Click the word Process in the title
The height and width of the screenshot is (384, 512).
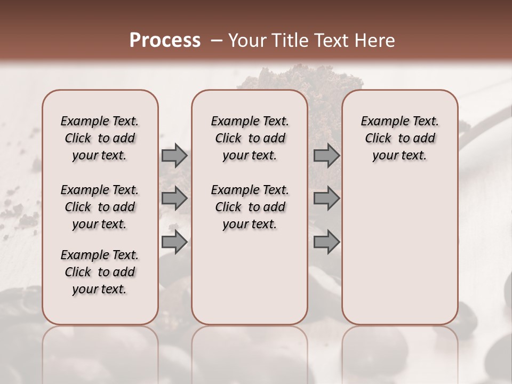pyautogui.click(x=165, y=41)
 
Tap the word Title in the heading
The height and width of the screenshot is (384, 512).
pyautogui.click(x=289, y=41)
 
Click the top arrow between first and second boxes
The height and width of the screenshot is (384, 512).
pyautogui.click(x=174, y=155)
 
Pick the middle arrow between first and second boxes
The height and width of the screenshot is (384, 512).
pyautogui.click(x=174, y=198)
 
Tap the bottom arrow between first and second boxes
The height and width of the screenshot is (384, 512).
pyautogui.click(x=174, y=242)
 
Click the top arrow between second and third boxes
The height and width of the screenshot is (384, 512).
pyautogui.click(x=326, y=155)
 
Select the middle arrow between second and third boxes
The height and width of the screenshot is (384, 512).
pyautogui.click(x=326, y=198)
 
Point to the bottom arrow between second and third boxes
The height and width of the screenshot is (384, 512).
pyautogui.click(x=326, y=242)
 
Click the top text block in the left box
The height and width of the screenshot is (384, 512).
pyautogui.click(x=100, y=138)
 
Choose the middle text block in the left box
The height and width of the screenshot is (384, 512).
pyautogui.click(x=100, y=207)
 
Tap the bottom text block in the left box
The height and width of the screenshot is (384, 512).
pyautogui.click(x=100, y=272)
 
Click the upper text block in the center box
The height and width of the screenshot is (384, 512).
pyautogui.click(x=250, y=138)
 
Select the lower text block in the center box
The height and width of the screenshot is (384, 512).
pyautogui.click(x=250, y=207)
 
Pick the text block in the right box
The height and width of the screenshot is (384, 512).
pyautogui.click(x=399, y=138)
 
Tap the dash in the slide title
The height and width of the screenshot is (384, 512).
pyautogui.click(x=216, y=41)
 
